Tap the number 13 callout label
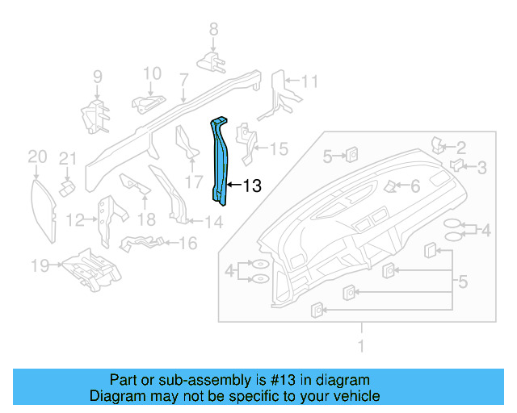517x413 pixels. [252, 186]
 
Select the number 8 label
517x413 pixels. [213, 29]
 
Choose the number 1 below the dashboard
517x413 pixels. [361, 346]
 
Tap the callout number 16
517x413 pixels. [187, 243]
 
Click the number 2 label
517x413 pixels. [461, 147]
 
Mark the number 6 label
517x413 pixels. [415, 186]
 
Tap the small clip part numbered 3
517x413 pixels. [456, 165]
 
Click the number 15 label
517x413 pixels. [278, 148]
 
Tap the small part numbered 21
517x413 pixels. [68, 185]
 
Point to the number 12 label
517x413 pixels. [75, 219]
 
